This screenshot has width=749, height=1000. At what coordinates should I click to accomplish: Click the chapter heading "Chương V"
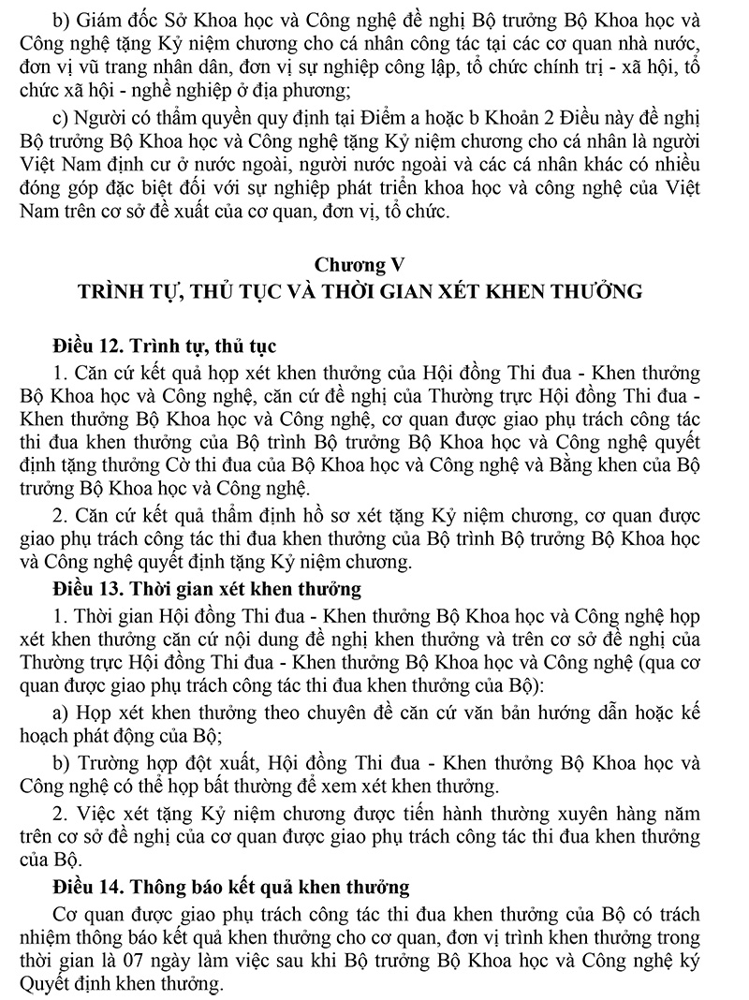[x=374, y=264]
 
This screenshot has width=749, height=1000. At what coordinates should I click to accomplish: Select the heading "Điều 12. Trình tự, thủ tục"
[x=165, y=347]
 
